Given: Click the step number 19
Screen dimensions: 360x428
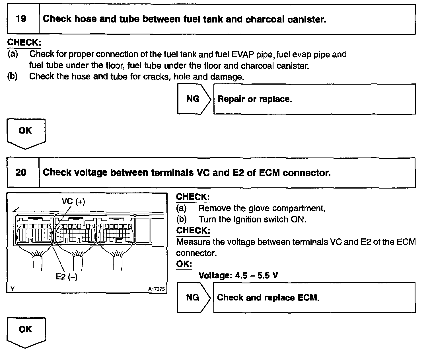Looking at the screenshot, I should click(21, 19).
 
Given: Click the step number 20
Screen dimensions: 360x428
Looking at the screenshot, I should click(21, 173).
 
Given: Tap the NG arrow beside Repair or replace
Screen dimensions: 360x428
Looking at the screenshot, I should click(193, 99).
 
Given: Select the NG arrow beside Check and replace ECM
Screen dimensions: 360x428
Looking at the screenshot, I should click(193, 298).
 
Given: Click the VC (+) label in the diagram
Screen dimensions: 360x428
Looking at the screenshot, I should click(73, 202).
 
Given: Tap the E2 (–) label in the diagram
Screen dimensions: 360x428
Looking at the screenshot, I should click(67, 277).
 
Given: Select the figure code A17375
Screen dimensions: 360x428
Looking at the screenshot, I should click(156, 289).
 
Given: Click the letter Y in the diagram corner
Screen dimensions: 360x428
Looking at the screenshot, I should click(12, 289).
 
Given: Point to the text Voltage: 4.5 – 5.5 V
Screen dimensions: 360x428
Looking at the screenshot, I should click(238, 275).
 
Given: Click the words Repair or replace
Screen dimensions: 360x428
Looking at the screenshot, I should click(255, 99).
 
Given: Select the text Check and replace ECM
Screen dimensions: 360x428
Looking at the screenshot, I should click(268, 298).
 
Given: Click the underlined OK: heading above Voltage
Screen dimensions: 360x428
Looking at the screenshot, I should click(184, 264).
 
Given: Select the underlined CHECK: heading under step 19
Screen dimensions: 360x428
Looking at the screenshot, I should click(24, 42).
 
